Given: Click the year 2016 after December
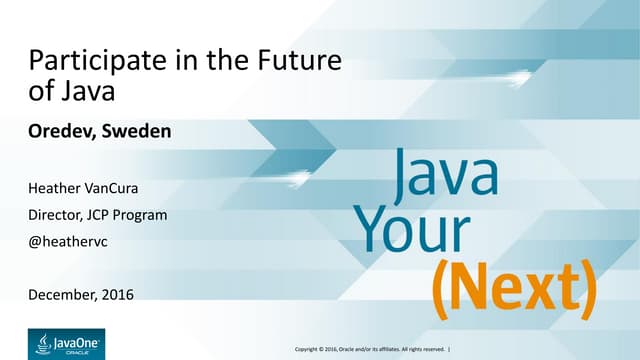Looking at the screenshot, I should (117, 294).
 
